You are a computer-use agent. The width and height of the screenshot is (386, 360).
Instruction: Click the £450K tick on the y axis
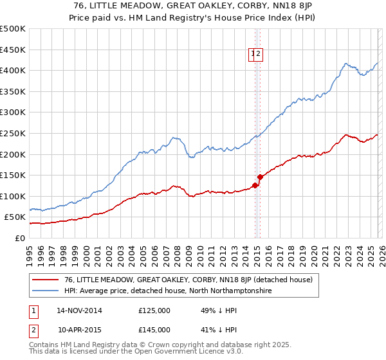point(13,50)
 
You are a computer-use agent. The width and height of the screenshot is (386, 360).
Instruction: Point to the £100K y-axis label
point(13,196)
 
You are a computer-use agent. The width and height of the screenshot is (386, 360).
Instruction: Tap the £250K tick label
point(13,133)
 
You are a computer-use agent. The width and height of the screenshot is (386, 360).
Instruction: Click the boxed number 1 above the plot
point(253,55)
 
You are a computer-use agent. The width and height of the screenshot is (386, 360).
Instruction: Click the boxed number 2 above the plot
point(258,55)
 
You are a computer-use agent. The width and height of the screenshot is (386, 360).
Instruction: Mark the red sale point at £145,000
point(260,177)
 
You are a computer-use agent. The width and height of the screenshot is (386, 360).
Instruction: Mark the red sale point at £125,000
point(255,186)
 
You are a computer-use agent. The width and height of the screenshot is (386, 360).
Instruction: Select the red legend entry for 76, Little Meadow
point(188,280)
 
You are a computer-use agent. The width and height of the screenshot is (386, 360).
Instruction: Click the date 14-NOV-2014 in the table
point(79,310)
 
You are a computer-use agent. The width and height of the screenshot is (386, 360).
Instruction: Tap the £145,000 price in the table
point(154,329)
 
